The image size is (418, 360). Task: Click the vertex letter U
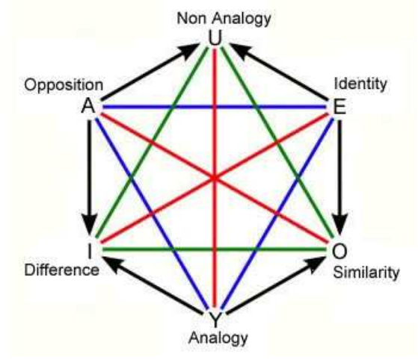[x=215, y=39]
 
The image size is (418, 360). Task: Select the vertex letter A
[x=88, y=106]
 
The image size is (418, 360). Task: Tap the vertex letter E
[x=339, y=107]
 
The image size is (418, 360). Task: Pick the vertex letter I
[x=90, y=251]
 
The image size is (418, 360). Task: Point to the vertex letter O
[x=339, y=251]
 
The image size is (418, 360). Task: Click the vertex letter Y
[x=215, y=319]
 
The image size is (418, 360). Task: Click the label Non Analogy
[x=224, y=19]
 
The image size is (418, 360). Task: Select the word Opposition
[x=64, y=86]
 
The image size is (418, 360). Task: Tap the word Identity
[x=360, y=84]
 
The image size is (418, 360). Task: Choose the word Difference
[x=62, y=270]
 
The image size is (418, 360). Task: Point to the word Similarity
[x=366, y=272]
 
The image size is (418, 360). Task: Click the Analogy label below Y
[x=218, y=338]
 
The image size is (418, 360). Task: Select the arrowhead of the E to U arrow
[x=239, y=51]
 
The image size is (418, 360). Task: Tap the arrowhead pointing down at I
[x=90, y=223]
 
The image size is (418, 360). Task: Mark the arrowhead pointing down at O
[x=339, y=223]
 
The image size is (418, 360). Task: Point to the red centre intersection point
[x=215, y=178]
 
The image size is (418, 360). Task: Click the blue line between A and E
[x=215, y=107]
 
